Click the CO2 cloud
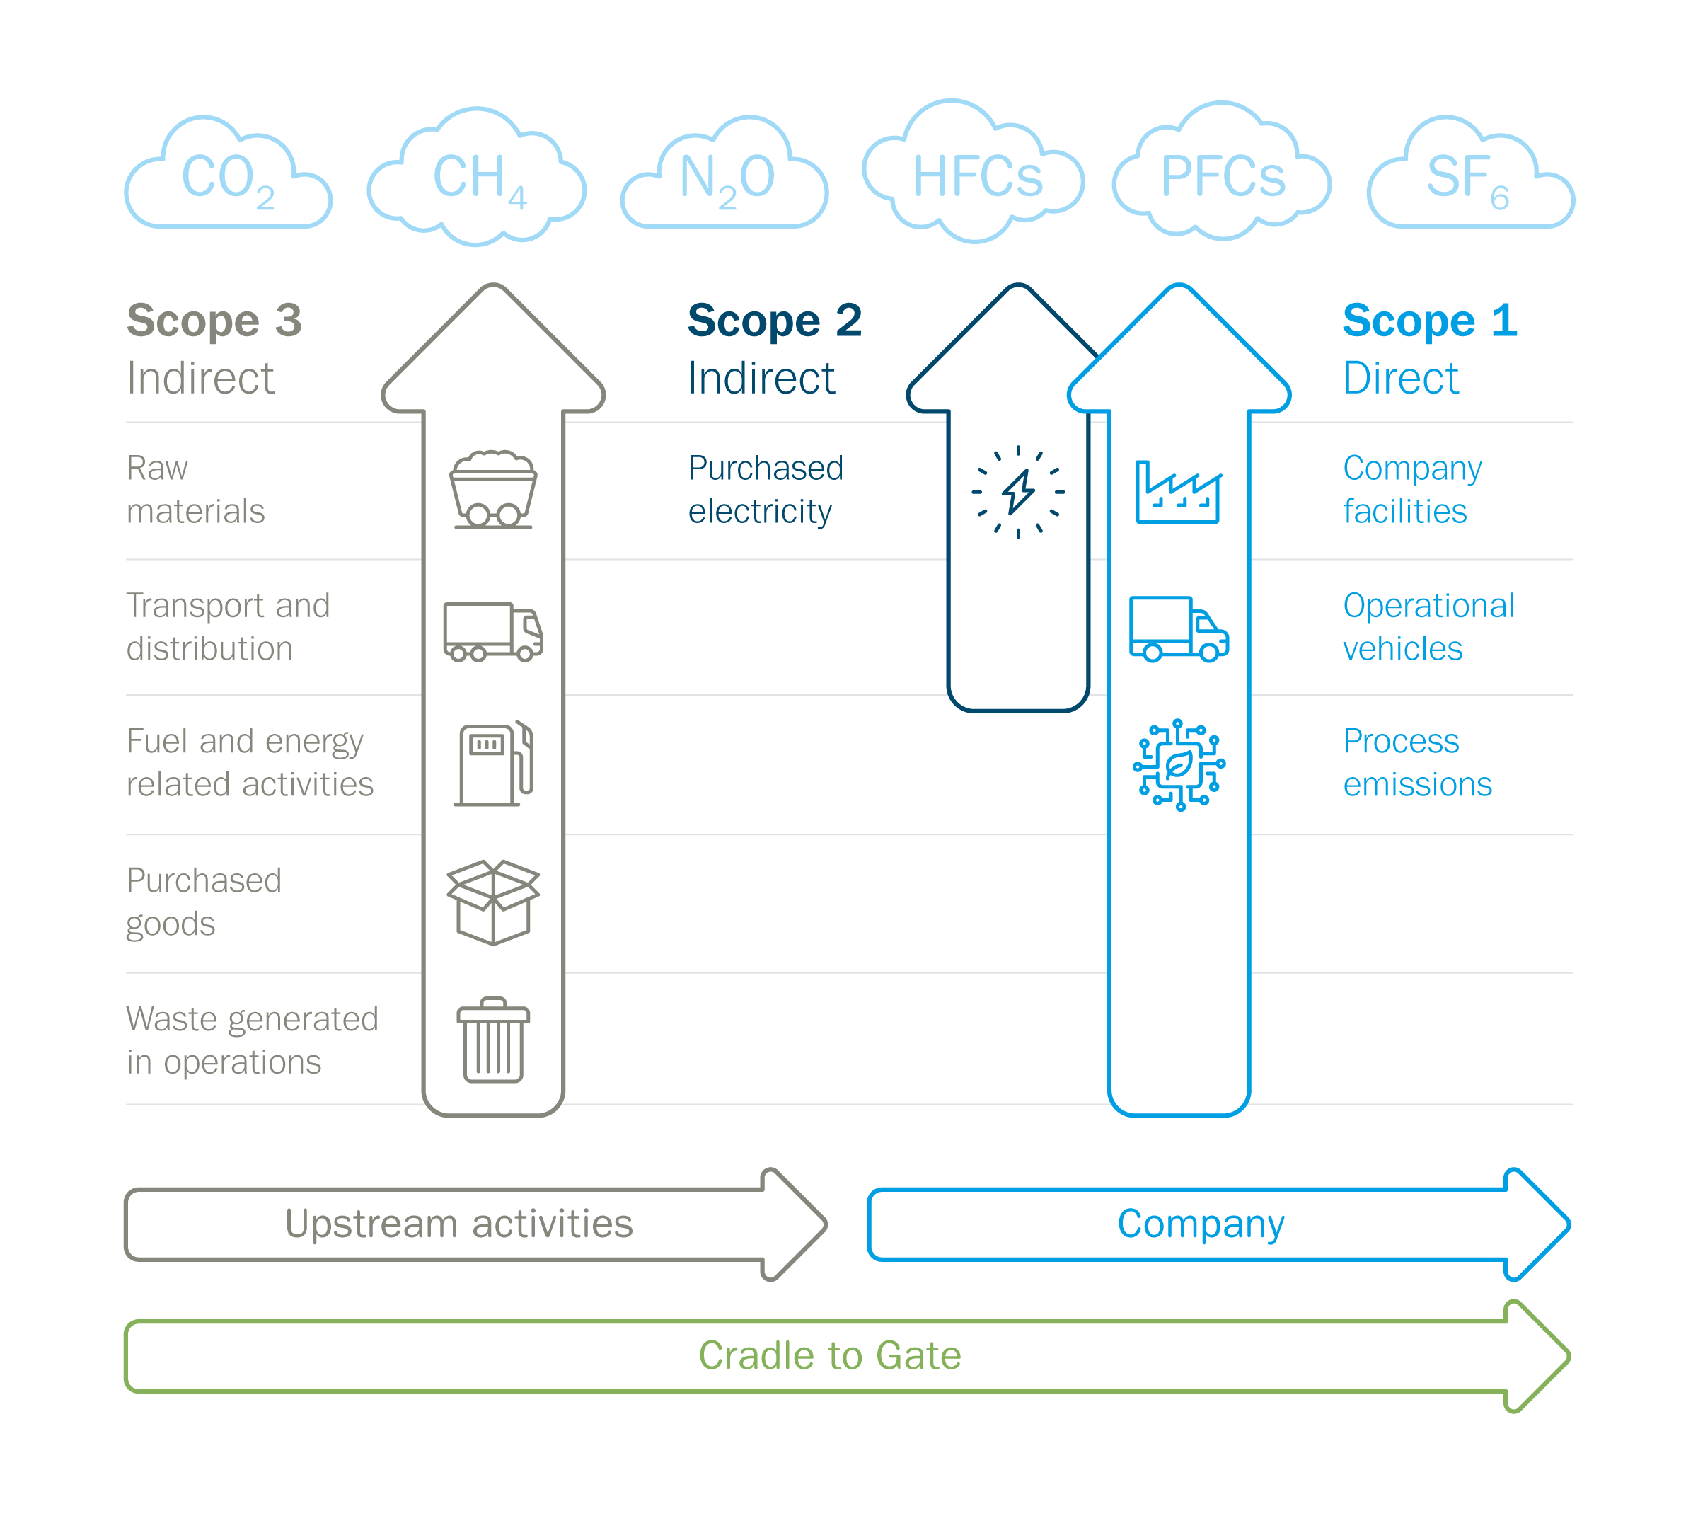pos(229,177)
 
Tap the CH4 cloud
pos(477,177)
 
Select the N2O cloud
pos(725,177)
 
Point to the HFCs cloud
pos(976,176)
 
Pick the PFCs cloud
pos(1222,176)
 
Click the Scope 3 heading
pos(214,321)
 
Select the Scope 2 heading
pos(774,321)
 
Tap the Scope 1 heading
pos(1428,321)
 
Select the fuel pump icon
pos(495,764)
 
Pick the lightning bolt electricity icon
pos(1018,491)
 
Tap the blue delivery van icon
pos(1179,629)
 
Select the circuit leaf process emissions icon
pos(1179,765)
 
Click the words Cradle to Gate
pos(829,1356)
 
